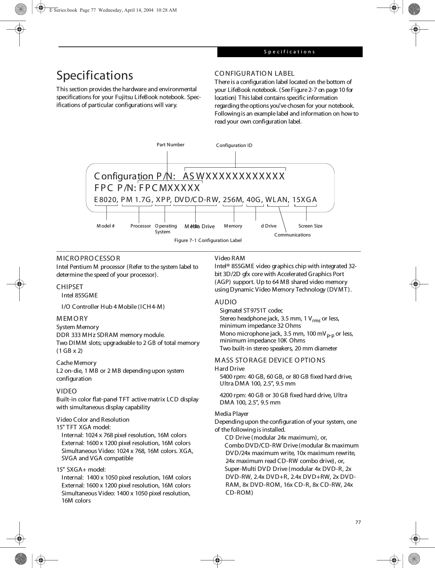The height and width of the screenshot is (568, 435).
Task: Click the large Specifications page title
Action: click(x=95, y=75)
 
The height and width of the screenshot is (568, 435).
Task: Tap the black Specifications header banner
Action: click(x=289, y=52)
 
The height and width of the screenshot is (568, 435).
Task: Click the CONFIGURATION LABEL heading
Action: click(x=255, y=73)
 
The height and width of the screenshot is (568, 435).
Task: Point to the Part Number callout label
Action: click(x=170, y=145)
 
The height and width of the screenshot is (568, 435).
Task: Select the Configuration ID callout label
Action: click(x=234, y=146)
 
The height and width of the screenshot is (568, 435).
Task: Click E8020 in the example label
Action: click(x=106, y=200)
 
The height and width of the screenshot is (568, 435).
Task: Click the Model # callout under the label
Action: click(x=106, y=226)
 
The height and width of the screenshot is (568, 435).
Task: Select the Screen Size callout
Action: click(x=310, y=226)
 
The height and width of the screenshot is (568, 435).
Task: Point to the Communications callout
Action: click(x=292, y=235)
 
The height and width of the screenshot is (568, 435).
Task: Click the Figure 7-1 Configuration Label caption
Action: click(x=208, y=240)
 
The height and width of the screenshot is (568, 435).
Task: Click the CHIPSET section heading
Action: click(x=70, y=287)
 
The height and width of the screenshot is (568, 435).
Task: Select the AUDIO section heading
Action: click(x=226, y=302)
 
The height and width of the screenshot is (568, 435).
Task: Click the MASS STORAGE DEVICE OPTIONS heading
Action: click(x=270, y=360)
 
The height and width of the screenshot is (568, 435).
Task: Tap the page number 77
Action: click(x=358, y=522)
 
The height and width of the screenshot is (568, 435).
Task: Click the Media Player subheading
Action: click(x=231, y=414)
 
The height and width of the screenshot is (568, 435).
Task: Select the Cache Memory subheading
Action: click(x=76, y=363)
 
